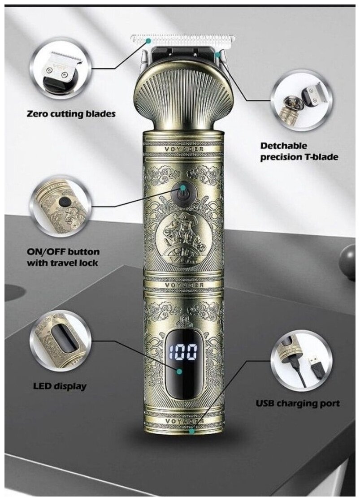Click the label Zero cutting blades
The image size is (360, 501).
tap(71, 114)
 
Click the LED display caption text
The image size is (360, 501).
tap(60, 385)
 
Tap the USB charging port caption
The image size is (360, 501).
tap(298, 403)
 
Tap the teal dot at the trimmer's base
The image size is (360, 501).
tap(192, 431)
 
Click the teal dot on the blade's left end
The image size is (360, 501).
tap(149, 40)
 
